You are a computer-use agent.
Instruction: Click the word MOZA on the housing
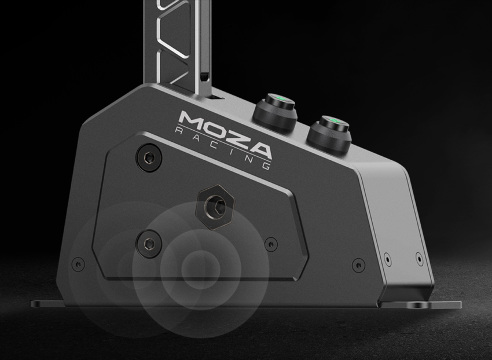pyautogui.click(x=225, y=135)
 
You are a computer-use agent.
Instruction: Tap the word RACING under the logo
pyautogui.click(x=222, y=148)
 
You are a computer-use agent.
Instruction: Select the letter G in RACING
pyautogui.click(x=266, y=165)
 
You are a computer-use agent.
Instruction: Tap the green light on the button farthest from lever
pyautogui.click(x=335, y=121)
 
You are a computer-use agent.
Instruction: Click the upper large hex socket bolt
pyautogui.click(x=149, y=157)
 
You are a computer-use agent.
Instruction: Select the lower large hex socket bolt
pyautogui.click(x=149, y=244)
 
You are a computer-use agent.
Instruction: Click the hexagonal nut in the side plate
pyautogui.click(x=215, y=207)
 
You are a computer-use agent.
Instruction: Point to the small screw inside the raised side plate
pyautogui.click(x=271, y=244)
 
